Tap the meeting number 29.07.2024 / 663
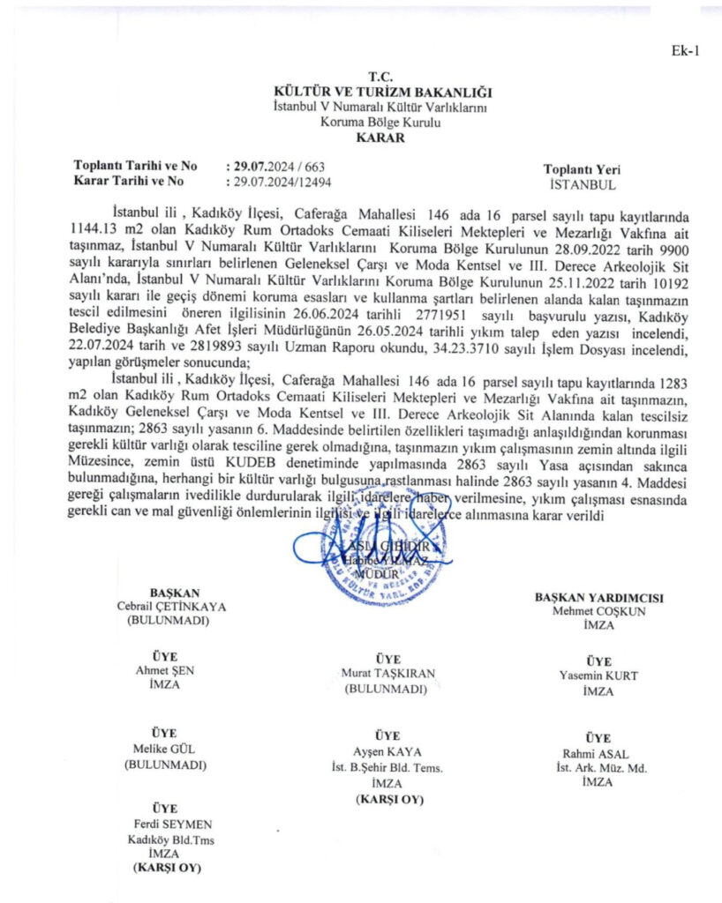click(x=276, y=166)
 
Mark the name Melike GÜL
click(x=165, y=750)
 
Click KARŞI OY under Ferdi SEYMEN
click(x=165, y=869)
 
